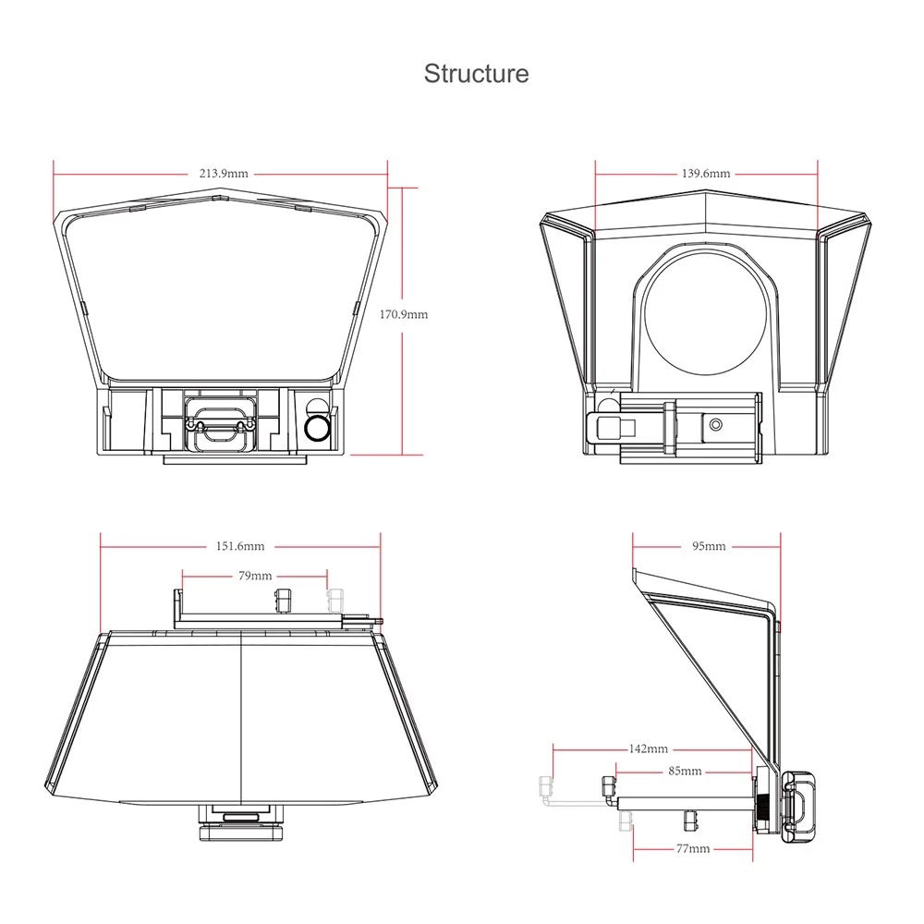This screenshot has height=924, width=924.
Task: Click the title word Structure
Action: tap(476, 74)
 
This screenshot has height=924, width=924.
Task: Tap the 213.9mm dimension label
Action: tap(224, 174)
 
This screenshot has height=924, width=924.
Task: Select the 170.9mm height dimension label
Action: tap(403, 314)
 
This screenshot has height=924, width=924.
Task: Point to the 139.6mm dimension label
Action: tap(705, 174)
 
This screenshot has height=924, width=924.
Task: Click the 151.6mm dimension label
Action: tap(240, 546)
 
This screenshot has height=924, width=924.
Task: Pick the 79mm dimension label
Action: tap(255, 575)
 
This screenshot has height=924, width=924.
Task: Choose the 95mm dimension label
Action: tap(709, 546)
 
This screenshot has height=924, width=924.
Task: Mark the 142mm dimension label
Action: tap(649, 748)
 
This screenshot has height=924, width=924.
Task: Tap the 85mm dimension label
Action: tap(685, 771)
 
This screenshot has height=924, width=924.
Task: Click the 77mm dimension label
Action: tap(693, 848)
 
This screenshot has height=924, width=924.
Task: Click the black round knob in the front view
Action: tap(316, 429)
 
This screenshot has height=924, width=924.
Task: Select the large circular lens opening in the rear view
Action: tap(706, 313)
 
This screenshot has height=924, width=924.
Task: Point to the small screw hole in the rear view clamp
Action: tap(716, 424)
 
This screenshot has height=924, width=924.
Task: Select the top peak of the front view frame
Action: tap(220, 189)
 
